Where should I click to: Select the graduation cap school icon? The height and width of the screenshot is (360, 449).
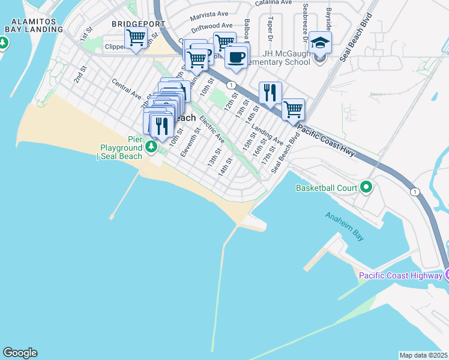[x=320, y=44]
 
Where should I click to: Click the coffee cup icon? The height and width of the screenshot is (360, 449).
[x=237, y=57]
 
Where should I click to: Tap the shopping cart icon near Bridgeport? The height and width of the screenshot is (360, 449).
[x=136, y=38]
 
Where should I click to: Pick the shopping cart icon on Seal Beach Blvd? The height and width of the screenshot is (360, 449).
[x=292, y=110]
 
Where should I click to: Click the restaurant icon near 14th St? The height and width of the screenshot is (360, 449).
[x=270, y=92]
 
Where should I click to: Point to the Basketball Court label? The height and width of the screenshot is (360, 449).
[x=327, y=188]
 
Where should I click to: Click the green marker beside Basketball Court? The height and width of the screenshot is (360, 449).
[x=366, y=188]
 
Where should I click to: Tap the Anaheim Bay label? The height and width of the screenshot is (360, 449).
[x=345, y=226]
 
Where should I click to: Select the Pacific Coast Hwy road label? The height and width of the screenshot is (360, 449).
[x=327, y=142]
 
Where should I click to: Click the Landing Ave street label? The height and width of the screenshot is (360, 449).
[x=267, y=137]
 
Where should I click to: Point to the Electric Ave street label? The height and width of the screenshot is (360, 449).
[x=212, y=129]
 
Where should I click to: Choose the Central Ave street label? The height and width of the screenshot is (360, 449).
[x=127, y=88]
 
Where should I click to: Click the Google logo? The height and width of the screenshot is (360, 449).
[x=20, y=353]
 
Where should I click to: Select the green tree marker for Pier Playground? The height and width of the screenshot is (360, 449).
[x=152, y=146]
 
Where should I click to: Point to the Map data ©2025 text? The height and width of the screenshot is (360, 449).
[x=423, y=355]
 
